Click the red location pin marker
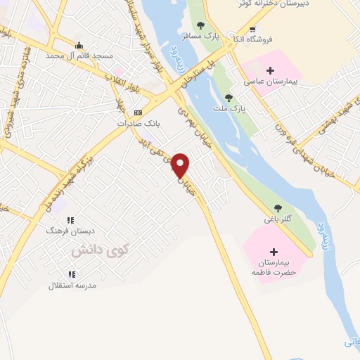pyautogui.click(x=181, y=165)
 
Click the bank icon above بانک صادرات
pyautogui.click(x=138, y=112)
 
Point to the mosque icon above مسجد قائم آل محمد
pyautogui.click(x=79, y=44)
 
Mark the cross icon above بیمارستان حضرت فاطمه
pyautogui.click(x=274, y=252)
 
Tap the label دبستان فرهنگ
pyautogui.click(x=65, y=230)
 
